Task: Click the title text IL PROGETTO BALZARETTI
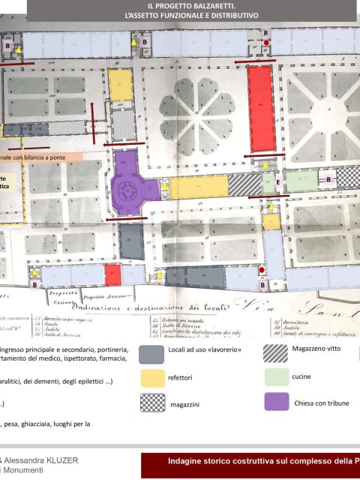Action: (181, 5)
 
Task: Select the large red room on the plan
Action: (260, 107)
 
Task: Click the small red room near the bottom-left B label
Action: (112, 274)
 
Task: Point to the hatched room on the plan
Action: (244, 184)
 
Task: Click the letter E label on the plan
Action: (278, 182)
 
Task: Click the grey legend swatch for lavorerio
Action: (151, 352)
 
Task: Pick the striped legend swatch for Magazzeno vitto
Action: (274, 351)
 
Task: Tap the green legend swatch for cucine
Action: (275, 376)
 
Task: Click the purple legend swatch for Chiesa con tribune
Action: (275, 402)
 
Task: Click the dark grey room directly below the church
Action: (130, 240)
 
